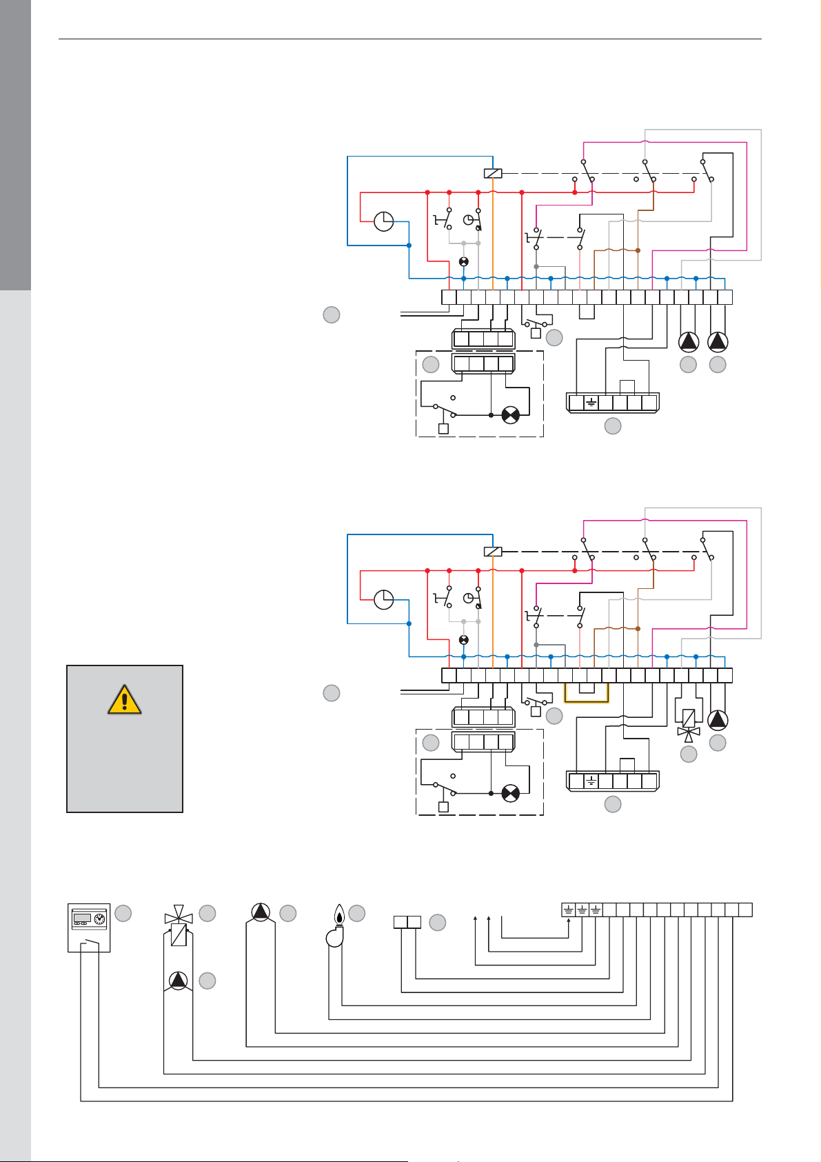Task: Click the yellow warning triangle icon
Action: (124, 699)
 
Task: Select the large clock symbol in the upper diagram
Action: (383, 221)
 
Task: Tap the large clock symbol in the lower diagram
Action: (383, 600)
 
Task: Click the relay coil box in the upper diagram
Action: (493, 174)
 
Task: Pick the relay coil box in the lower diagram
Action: (493, 552)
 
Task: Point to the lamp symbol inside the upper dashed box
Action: (510, 415)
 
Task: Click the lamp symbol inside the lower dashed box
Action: (510, 793)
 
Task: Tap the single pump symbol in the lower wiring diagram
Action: (718, 720)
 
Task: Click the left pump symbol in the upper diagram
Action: (688, 341)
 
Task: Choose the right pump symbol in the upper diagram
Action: (718, 341)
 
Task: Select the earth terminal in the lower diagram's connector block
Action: (591, 781)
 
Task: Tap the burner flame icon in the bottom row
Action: (338, 925)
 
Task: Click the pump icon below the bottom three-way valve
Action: (178, 980)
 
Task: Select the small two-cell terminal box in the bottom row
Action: (407, 922)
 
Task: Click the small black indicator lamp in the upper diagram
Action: (464, 262)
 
